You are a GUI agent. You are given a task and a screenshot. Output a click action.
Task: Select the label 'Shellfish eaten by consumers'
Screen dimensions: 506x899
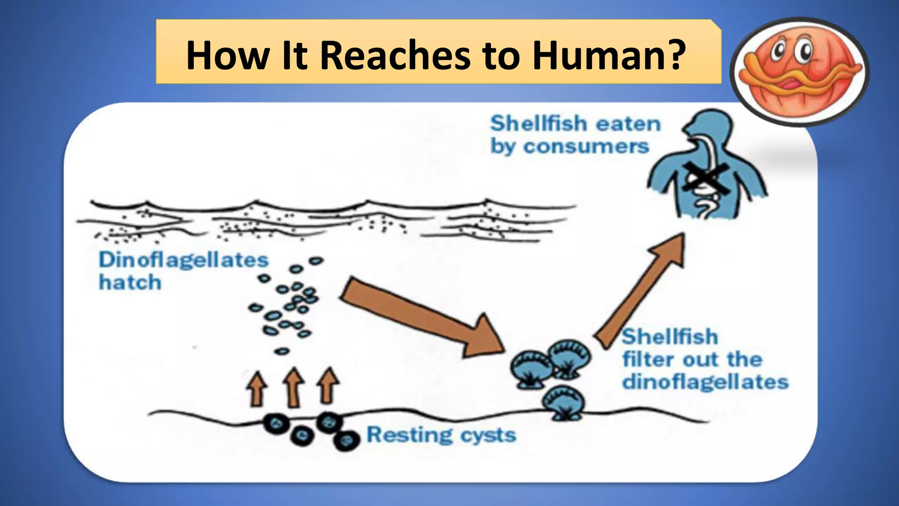(x=575, y=134)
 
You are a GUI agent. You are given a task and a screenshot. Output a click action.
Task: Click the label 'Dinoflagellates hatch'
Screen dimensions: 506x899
(x=183, y=271)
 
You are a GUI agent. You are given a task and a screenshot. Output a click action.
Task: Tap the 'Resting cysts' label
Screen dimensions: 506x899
(x=441, y=435)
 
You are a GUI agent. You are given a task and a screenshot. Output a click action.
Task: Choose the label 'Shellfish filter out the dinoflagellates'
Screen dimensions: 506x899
(x=705, y=359)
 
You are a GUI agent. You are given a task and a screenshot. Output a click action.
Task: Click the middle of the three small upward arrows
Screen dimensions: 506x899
(x=293, y=387)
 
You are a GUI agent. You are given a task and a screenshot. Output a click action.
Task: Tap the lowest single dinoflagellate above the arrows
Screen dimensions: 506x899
(x=282, y=351)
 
